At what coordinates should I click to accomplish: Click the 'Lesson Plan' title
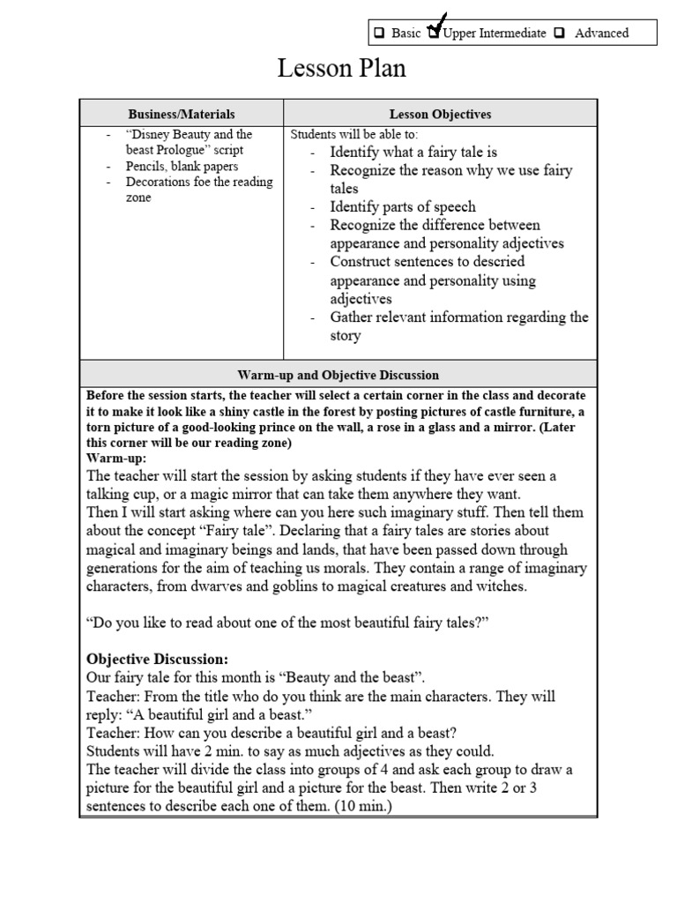tap(341, 69)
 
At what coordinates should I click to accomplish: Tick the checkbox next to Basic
tap(378, 34)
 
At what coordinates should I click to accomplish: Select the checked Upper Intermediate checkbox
tap(434, 33)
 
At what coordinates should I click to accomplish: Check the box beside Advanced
tap(560, 34)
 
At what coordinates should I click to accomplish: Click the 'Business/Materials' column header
tap(182, 114)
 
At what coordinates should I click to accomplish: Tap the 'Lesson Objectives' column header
tap(440, 114)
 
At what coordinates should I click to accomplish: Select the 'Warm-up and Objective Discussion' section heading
tap(338, 375)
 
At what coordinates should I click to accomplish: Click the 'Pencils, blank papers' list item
tap(182, 166)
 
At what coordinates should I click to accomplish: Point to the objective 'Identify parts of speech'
tap(402, 206)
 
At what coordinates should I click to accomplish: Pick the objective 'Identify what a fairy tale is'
tap(413, 152)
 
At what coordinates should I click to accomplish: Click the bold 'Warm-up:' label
tap(116, 459)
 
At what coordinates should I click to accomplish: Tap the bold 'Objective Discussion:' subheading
tap(157, 659)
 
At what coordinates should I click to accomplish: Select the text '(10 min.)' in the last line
tap(358, 806)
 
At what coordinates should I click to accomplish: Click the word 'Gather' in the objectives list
tap(352, 317)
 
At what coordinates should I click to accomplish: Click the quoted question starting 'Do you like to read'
tap(287, 623)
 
